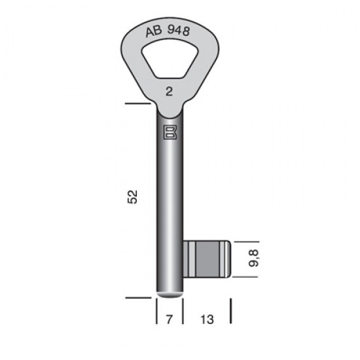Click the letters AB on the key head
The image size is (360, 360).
(x=154, y=31)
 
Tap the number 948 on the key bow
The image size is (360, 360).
(x=179, y=30)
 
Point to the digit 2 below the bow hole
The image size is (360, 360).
(x=170, y=92)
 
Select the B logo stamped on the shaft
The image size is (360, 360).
(x=170, y=132)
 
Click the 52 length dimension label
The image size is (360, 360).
(x=132, y=197)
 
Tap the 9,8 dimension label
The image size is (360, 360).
(x=254, y=258)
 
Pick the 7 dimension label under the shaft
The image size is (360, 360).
(x=170, y=319)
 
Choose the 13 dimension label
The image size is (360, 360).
(x=207, y=319)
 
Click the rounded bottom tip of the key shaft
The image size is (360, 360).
(x=170, y=295)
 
